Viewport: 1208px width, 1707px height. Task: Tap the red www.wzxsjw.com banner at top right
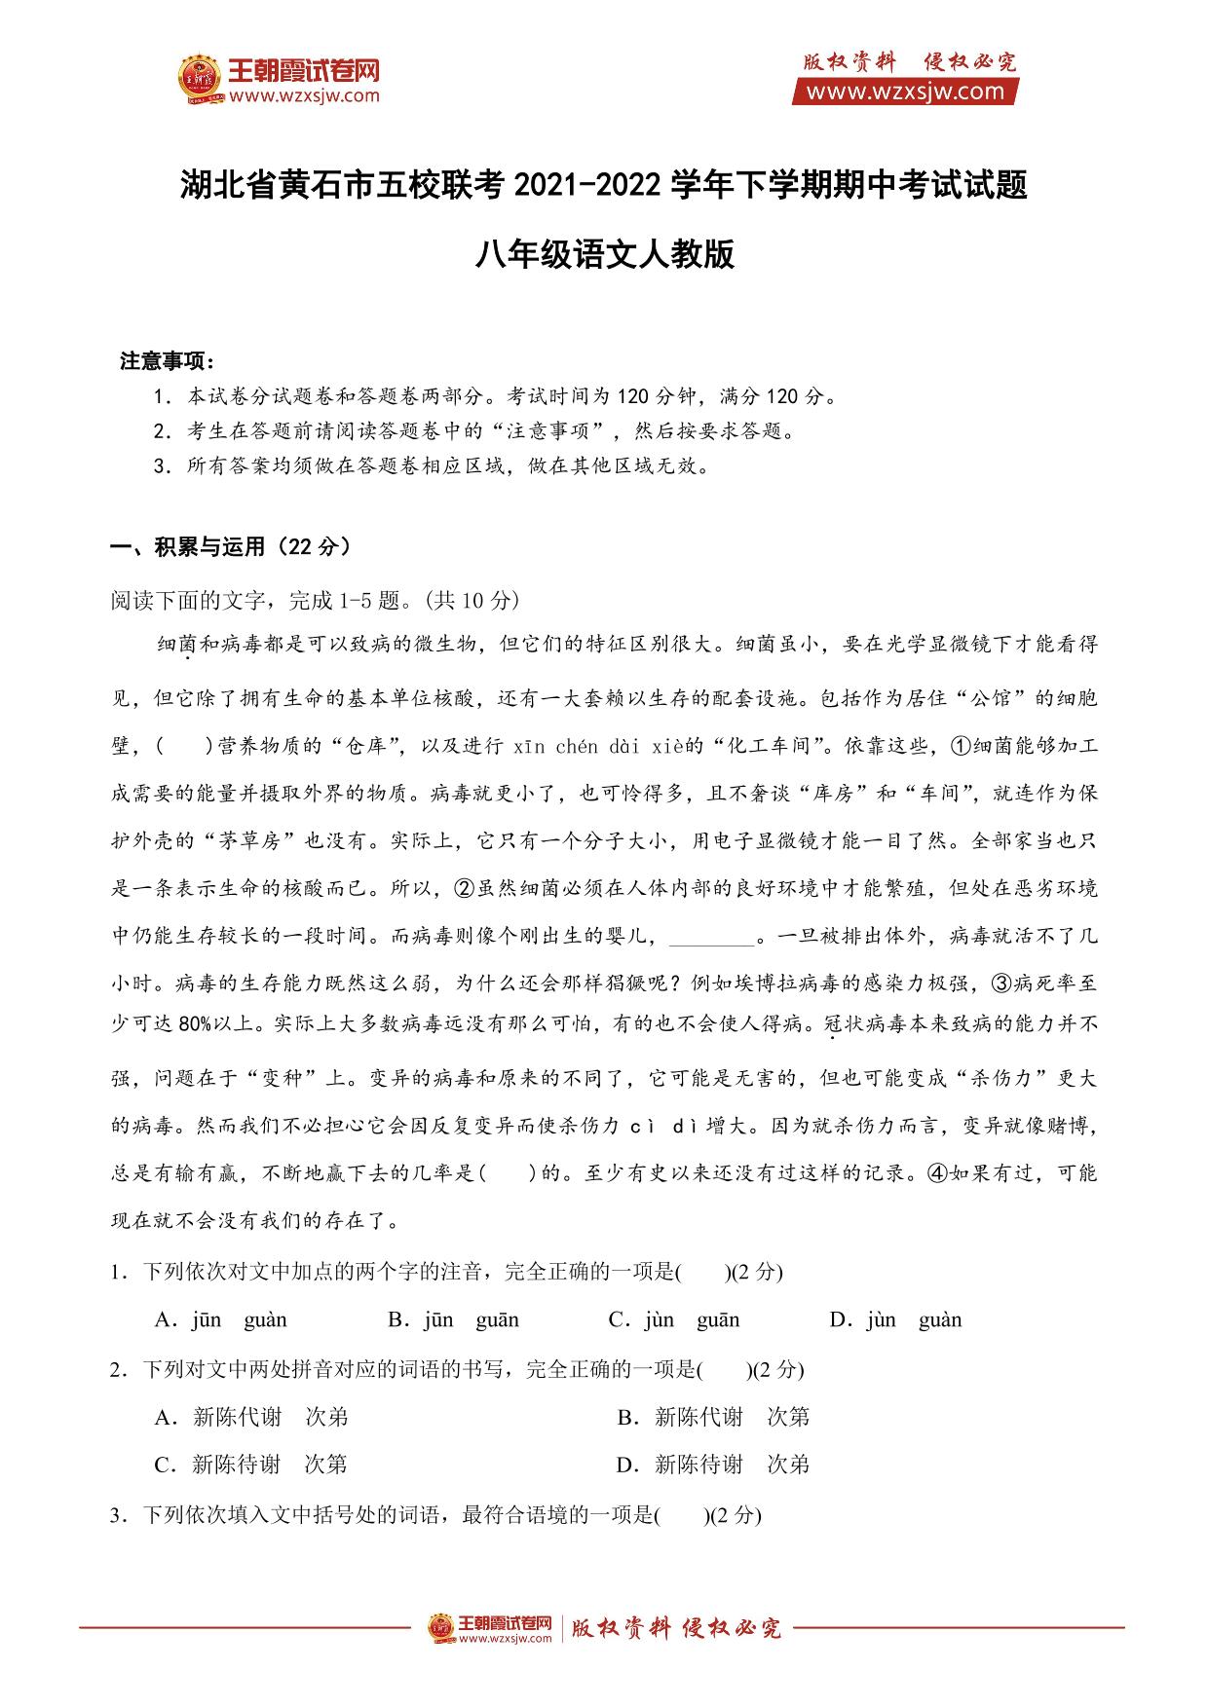(x=905, y=92)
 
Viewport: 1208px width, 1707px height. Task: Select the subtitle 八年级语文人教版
(x=604, y=255)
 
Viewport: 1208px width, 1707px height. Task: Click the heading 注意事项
(x=167, y=361)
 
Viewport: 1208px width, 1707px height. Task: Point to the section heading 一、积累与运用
(x=232, y=547)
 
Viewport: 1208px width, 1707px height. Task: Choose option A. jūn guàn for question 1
(x=221, y=1320)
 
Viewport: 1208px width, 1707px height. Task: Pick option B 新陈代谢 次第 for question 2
(x=714, y=1417)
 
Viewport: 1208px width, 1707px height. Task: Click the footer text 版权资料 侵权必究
(x=676, y=1628)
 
